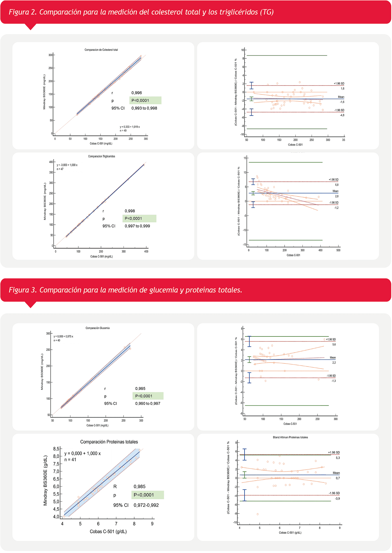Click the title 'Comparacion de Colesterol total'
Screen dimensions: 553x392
click(x=101, y=50)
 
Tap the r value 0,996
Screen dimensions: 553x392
click(x=137, y=93)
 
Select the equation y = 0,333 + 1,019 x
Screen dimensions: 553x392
click(x=130, y=127)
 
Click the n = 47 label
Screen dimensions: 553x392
click(x=60, y=169)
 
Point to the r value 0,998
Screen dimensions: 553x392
click(x=130, y=211)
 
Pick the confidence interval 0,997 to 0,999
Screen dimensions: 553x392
click(x=137, y=226)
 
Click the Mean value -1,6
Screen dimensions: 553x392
click(x=342, y=102)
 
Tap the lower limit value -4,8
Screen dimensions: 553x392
click(x=342, y=115)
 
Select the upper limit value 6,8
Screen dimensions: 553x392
click(x=337, y=185)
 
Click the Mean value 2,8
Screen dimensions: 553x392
click(x=337, y=196)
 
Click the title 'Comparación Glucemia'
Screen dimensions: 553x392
click(x=97, y=328)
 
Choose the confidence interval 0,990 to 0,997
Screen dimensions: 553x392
click(x=148, y=404)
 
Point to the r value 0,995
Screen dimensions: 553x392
click(x=140, y=389)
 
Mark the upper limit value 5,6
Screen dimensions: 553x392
click(x=334, y=344)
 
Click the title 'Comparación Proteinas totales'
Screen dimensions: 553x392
click(x=109, y=442)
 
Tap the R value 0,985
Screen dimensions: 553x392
click(x=139, y=486)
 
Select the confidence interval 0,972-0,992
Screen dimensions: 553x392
click(x=146, y=505)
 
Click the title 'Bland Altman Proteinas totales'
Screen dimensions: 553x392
click(x=290, y=437)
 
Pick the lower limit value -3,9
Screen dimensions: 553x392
click(x=337, y=499)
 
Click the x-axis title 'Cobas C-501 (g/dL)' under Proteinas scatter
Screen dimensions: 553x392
click(x=108, y=531)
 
